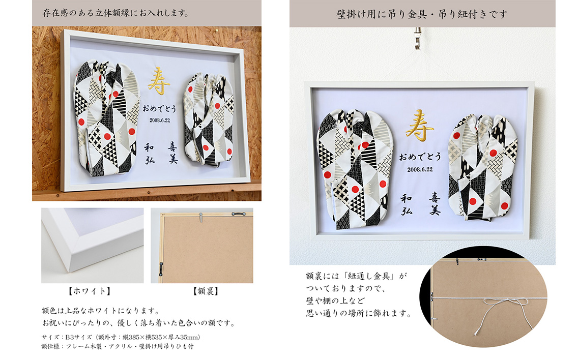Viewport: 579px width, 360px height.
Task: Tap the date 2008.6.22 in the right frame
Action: (x=420, y=169)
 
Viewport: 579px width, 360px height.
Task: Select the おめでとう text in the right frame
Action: (x=420, y=157)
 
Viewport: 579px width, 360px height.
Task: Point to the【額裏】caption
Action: (x=206, y=291)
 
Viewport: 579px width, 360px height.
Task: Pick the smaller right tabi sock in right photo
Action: (x=481, y=167)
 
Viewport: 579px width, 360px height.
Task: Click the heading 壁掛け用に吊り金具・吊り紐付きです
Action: (x=422, y=14)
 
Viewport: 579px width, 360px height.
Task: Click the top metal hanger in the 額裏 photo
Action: (x=201, y=217)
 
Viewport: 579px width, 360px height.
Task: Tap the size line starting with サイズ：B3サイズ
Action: (x=121, y=337)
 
